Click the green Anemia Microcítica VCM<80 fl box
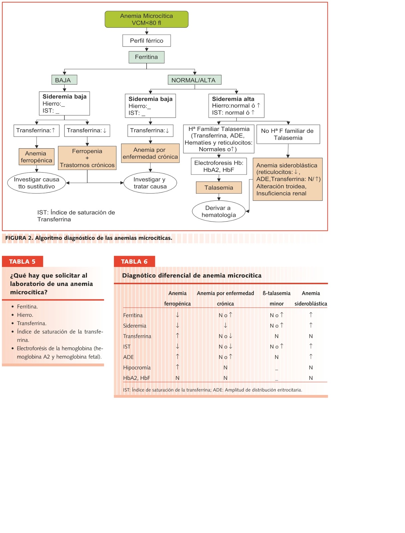click(146, 19)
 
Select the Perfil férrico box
click(146, 41)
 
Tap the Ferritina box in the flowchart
click(146, 57)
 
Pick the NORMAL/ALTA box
click(194, 80)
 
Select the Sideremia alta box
click(236, 106)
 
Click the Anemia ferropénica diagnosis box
click(36, 157)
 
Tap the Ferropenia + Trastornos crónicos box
click(87, 158)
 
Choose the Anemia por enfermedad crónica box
click(150, 153)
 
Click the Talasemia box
click(219, 188)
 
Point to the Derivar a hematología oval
click(219, 211)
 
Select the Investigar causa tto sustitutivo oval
click(36, 183)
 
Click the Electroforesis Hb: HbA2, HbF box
click(219, 166)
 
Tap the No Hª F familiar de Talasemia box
click(288, 134)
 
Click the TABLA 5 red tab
click(22, 262)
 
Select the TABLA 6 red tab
click(134, 262)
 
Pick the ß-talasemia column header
click(276, 293)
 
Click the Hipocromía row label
click(137, 367)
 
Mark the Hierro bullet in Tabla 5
click(25, 315)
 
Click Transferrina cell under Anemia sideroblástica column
click(311, 336)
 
